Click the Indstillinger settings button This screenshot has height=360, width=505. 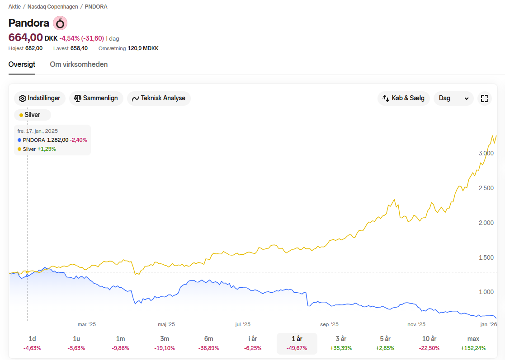coord(40,98)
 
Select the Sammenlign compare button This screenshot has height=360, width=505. coord(96,98)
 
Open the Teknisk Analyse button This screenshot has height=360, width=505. coord(159,98)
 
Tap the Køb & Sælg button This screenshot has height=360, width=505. coord(404,98)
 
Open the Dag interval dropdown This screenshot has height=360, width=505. coord(454,98)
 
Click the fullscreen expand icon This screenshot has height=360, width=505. coord(484,98)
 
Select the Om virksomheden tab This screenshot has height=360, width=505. coord(79,64)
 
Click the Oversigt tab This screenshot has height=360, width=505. coord(22,64)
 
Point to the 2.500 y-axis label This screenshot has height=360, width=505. coord(486,188)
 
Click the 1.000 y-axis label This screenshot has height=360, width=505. coord(486,292)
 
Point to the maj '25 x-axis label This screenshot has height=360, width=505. coord(166,324)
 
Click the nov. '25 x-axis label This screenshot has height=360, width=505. coord(416,324)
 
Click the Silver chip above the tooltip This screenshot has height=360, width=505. coord(32,115)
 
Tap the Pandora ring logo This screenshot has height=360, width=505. coord(60,23)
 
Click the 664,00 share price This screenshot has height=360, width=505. coord(25,37)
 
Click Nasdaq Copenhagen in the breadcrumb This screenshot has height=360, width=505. coord(53,7)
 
